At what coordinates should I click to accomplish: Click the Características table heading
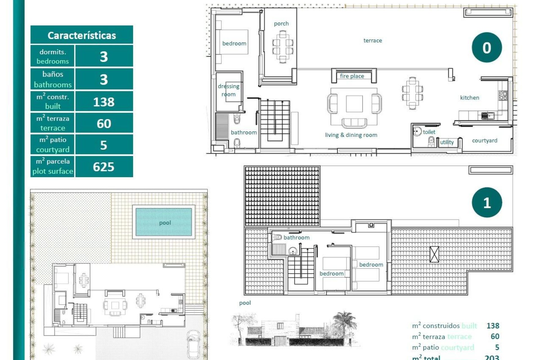tap(82, 35)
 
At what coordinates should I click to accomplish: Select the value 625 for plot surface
tap(103, 167)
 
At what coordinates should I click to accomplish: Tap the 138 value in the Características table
tap(103, 102)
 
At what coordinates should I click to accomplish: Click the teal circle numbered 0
tap(487, 48)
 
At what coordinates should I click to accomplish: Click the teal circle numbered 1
tap(487, 202)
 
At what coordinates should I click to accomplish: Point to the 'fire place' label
tap(352, 76)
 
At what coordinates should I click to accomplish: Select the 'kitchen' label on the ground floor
tap(469, 98)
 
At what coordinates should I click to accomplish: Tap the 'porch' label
tap(281, 24)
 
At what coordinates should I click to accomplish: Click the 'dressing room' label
tap(228, 90)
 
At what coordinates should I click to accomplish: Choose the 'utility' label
tap(447, 142)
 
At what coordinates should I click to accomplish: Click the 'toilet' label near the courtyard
tap(429, 132)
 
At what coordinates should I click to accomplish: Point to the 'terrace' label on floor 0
tap(373, 40)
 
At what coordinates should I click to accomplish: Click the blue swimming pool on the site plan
tap(164, 222)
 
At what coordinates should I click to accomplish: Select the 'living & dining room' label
tap(351, 135)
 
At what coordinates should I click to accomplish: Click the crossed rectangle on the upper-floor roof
tap(434, 254)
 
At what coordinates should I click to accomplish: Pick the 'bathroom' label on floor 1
tap(296, 237)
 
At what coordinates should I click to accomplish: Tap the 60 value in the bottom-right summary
tap(495, 336)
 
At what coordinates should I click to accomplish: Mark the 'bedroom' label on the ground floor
tap(234, 43)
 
